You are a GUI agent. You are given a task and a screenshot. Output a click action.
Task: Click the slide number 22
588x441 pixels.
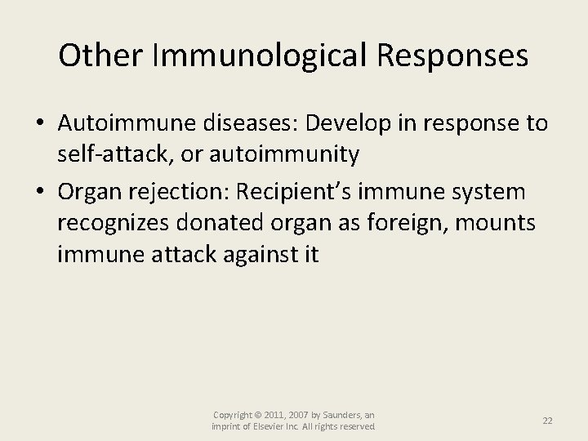[548, 421]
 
